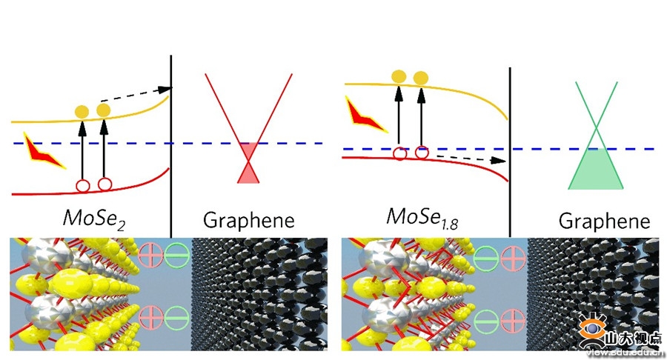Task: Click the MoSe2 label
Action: coord(94,219)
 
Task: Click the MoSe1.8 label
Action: coord(422,218)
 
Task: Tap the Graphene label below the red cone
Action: coord(249,220)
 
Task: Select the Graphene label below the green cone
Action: coord(604,221)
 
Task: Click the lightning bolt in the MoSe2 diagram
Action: coord(42,152)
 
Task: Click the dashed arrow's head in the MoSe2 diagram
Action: coord(165,90)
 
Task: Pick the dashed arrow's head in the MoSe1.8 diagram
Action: coord(499,160)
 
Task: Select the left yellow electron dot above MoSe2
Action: coord(82,112)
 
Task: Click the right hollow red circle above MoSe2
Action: coord(104,184)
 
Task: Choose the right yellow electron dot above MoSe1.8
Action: coord(421,78)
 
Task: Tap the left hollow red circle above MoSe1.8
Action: coord(400,153)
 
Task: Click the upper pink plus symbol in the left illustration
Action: coord(150,255)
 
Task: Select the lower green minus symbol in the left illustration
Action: coord(177,318)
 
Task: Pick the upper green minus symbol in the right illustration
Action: coord(485,258)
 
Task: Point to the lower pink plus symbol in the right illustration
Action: coord(513,321)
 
